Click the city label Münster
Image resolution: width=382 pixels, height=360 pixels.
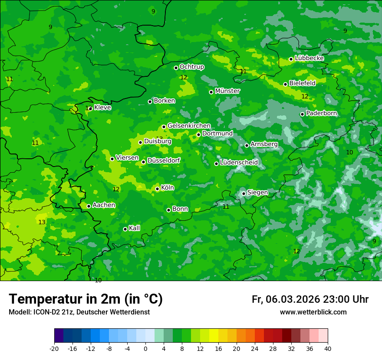[227, 91]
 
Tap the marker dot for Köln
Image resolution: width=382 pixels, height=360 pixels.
[157, 189]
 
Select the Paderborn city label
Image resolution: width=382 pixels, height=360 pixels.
[321, 113]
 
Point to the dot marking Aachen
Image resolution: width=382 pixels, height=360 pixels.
[89, 206]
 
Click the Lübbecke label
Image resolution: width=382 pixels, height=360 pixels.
[309, 58]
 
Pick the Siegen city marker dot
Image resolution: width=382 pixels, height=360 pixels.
[244, 193]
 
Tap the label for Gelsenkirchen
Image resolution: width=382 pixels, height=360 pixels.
[189, 126]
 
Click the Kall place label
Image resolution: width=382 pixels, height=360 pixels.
[134, 228]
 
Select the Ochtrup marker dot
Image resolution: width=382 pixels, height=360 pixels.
[176, 68]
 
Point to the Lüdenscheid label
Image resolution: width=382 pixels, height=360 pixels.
[239, 163]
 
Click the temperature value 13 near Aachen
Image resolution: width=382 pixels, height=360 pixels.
[42, 222]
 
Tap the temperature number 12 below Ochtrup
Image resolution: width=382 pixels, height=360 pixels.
[184, 77]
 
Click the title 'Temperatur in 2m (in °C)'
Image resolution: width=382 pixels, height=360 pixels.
[86, 299]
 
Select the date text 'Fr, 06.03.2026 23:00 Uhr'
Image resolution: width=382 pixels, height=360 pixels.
[310, 299]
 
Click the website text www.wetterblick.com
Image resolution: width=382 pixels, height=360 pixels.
[313, 312]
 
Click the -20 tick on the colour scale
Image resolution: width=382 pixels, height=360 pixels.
[54, 348]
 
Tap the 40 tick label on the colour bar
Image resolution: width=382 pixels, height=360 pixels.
[327, 348]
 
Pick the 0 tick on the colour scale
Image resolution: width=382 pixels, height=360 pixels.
[145, 348]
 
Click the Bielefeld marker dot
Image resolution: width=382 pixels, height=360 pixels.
[285, 84]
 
